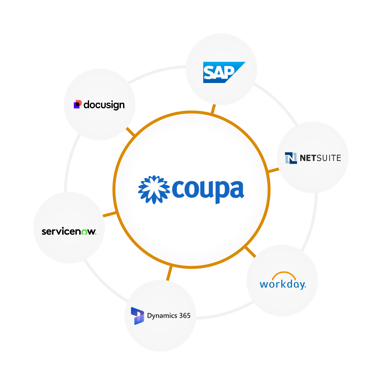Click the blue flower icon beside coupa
click(154, 190)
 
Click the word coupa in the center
click(208, 190)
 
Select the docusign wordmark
click(104, 105)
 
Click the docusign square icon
click(77, 104)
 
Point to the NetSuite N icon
click(291, 158)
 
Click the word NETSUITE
click(320, 158)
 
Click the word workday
click(282, 284)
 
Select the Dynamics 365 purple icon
click(137, 316)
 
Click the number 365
click(185, 316)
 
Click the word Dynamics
click(162, 316)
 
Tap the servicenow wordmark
click(69, 232)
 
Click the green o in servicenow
click(84, 232)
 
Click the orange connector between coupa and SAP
click(213, 109)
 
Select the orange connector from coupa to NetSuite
click(274, 170)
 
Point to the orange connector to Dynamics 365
click(169, 273)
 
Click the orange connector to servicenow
click(110, 215)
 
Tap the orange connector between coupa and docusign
click(130, 131)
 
